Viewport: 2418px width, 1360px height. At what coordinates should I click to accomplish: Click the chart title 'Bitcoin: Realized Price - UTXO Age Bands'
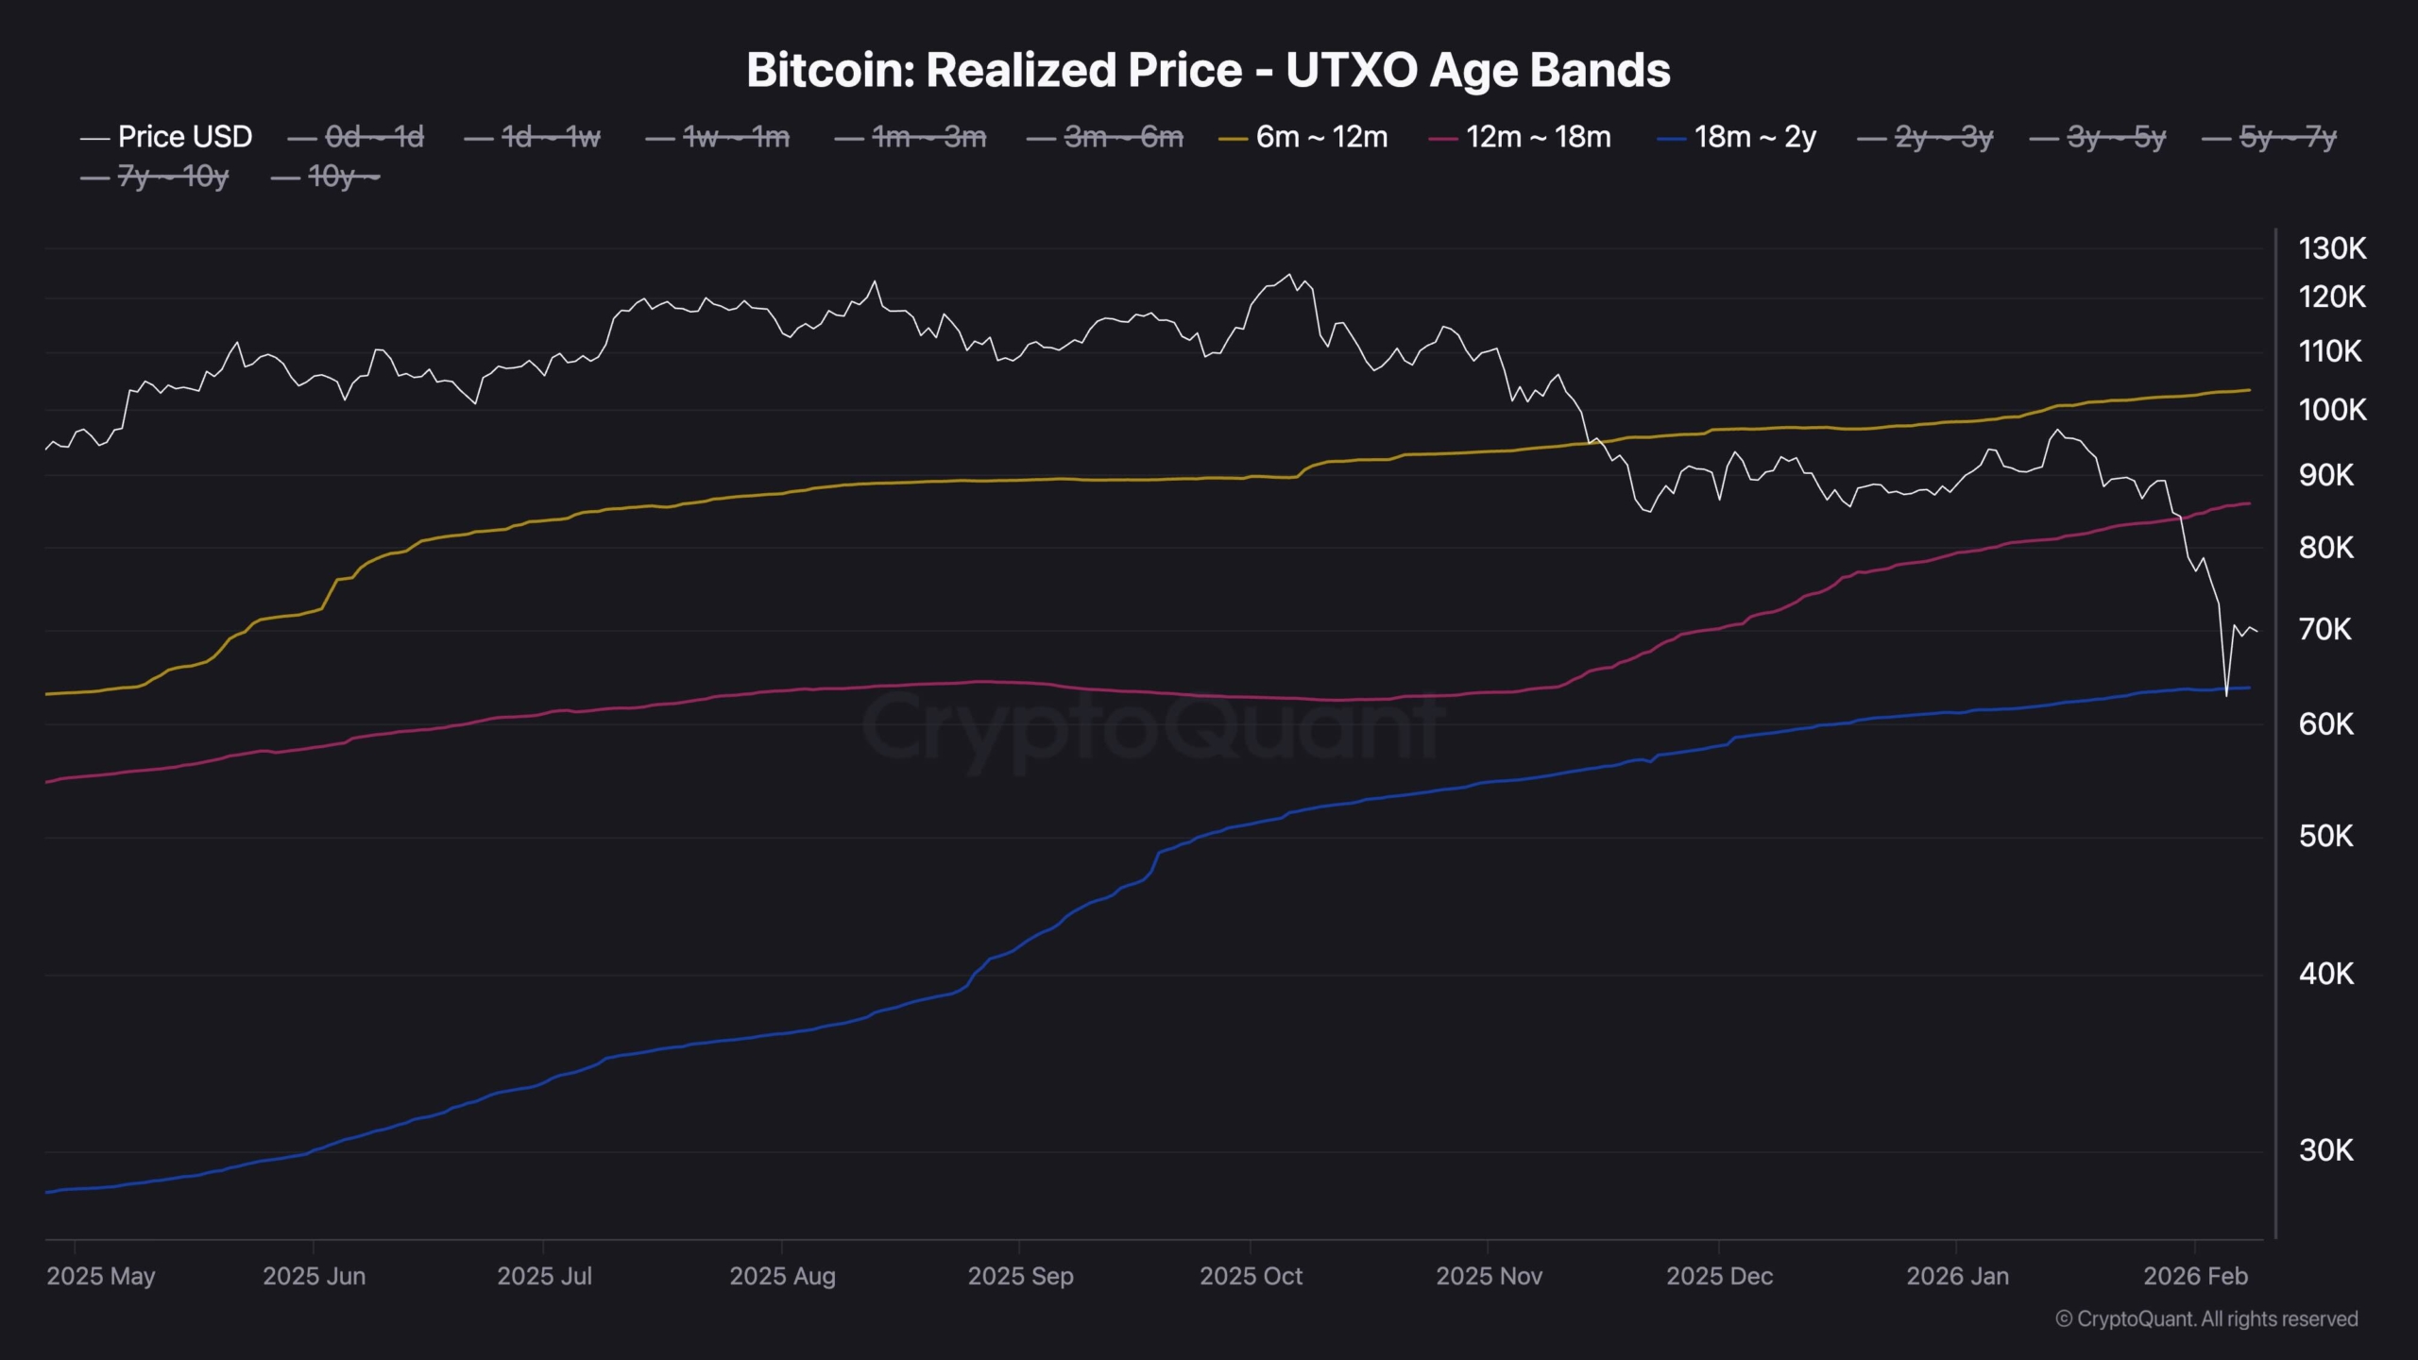(1208, 70)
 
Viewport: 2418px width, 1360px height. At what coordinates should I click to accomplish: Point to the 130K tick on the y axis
(2332, 248)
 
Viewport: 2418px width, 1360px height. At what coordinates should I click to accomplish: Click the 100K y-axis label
(2332, 410)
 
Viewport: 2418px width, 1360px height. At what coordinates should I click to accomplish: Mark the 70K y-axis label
(2324, 629)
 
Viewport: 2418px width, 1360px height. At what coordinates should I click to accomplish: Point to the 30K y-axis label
(2324, 1150)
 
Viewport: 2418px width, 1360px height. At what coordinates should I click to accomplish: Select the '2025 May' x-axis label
(100, 1276)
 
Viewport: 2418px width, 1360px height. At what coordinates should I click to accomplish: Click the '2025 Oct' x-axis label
(1251, 1276)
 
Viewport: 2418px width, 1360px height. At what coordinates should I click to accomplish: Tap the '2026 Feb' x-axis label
(2195, 1276)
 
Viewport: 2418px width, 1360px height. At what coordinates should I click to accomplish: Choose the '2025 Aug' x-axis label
(782, 1276)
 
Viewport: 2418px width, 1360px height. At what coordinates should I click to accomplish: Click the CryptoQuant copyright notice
(2206, 1318)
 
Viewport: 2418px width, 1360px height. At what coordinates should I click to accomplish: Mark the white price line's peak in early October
(1289, 275)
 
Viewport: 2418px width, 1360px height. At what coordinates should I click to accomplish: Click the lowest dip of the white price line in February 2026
(2226, 695)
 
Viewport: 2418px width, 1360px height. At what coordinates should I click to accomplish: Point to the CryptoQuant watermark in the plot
(1152, 727)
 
